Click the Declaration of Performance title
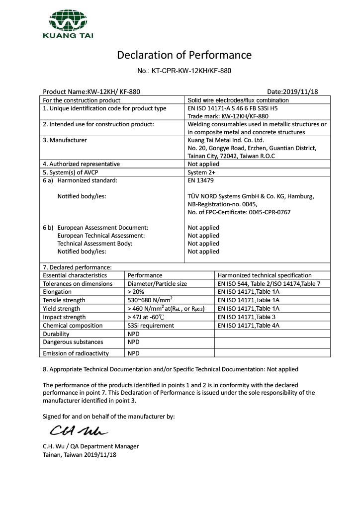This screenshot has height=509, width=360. click(x=184, y=55)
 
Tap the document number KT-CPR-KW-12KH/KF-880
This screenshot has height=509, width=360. click(x=184, y=71)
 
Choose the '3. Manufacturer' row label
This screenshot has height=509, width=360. click(x=65, y=140)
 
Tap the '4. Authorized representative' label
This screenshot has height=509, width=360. click(x=81, y=164)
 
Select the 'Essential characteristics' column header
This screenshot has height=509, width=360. click(x=75, y=275)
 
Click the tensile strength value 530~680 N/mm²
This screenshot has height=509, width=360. click(x=150, y=300)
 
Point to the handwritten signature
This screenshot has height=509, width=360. click(x=78, y=428)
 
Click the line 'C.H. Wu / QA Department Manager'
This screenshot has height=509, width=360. click(x=91, y=446)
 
